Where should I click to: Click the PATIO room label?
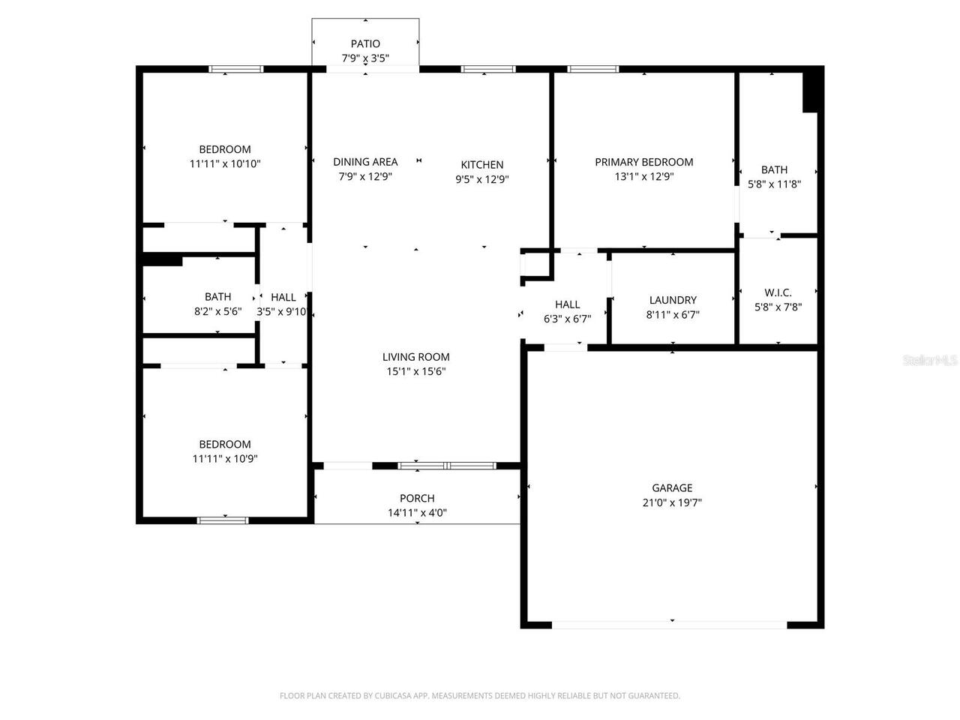365,43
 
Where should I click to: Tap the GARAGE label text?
672,487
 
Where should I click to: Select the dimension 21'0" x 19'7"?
672,503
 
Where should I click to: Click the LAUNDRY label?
673,300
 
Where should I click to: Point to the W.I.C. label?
778,292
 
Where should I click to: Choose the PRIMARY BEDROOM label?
643,162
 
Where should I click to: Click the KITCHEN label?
482,165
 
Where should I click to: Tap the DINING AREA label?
365,162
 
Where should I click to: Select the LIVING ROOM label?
416,357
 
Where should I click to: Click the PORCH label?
417,498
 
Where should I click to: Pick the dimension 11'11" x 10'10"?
225,163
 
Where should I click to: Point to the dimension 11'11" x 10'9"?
225,458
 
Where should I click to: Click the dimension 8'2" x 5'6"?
217,311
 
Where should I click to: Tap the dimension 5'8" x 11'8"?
774,184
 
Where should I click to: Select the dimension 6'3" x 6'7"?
567,318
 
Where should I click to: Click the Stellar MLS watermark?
930,361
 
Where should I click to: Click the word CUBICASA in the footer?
390,696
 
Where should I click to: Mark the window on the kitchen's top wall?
488,69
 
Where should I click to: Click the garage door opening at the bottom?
670,624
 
